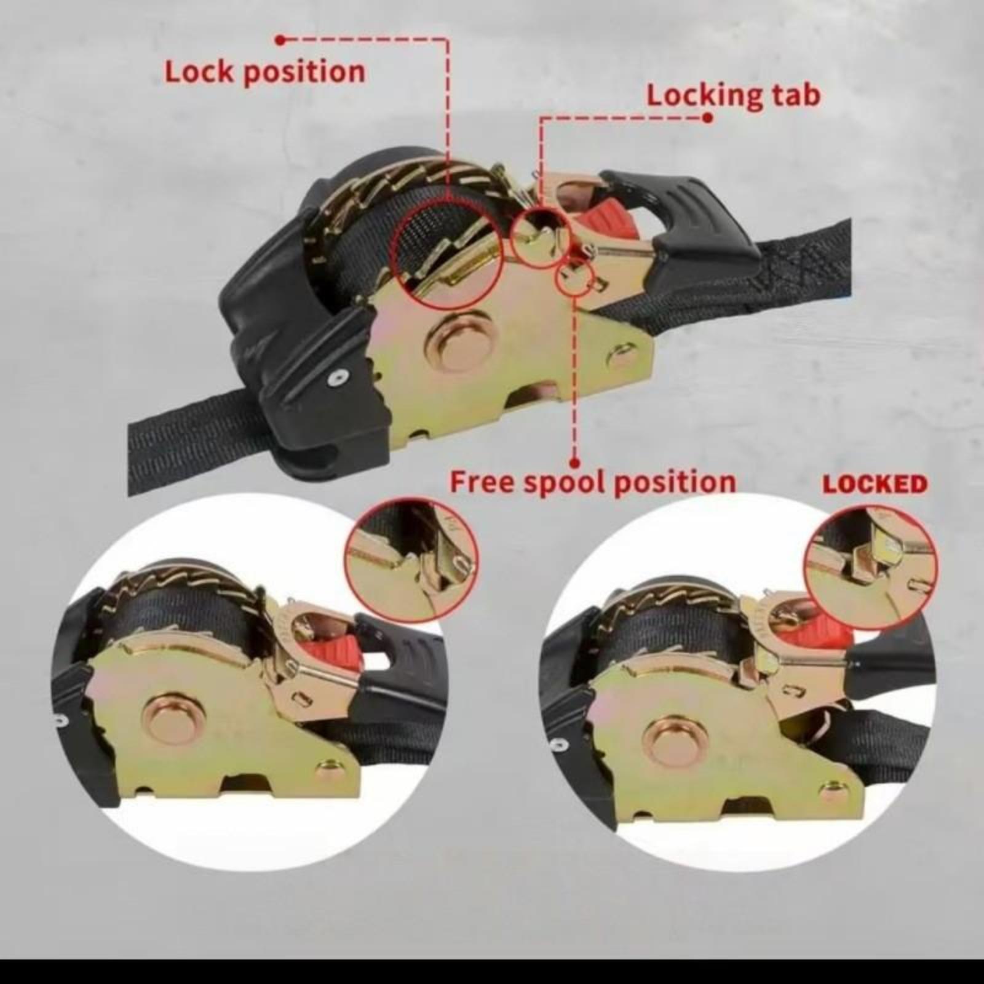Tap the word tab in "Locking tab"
point(796,95)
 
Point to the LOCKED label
point(875,485)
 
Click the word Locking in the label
point(704,97)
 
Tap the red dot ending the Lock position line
point(280,40)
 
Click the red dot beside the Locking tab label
point(708,117)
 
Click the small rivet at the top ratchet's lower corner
point(621,357)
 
